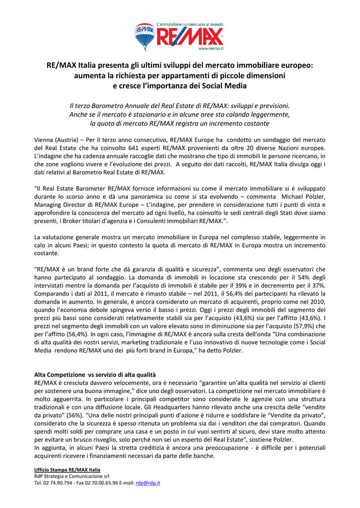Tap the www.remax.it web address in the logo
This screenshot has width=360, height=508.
click(x=211, y=49)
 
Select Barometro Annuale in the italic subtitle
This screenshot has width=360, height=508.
click(x=130, y=106)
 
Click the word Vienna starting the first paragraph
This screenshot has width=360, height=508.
click(x=44, y=139)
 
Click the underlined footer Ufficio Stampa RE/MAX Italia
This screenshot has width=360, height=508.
click(x=67, y=469)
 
